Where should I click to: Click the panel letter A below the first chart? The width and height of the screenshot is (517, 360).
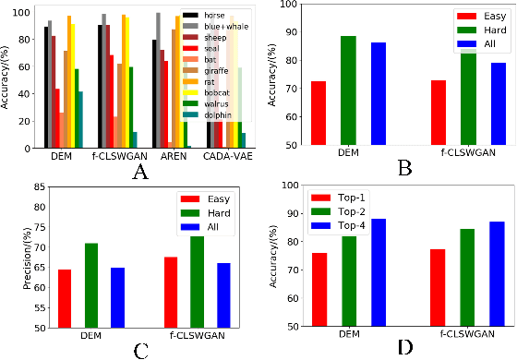(140, 171)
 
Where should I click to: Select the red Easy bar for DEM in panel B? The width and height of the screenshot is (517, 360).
(319, 113)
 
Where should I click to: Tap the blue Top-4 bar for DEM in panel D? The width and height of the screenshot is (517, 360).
(379, 272)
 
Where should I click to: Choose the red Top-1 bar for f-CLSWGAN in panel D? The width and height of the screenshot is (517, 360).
(438, 287)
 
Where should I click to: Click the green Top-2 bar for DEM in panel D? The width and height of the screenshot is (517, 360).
(349, 281)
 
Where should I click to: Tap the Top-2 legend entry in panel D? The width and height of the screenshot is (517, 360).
(352, 213)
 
